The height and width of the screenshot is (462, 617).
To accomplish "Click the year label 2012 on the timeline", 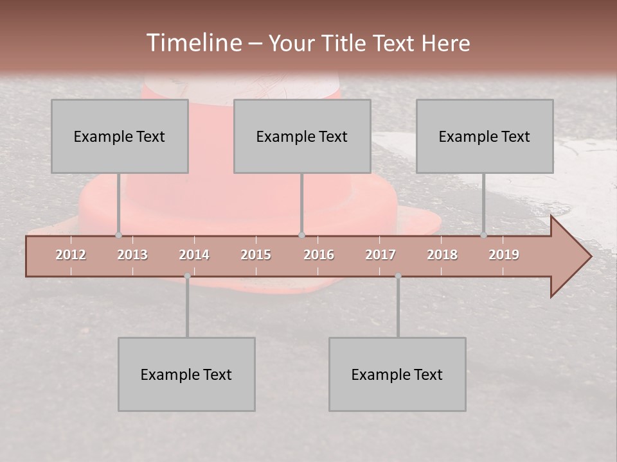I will pyautogui.click(x=71, y=255).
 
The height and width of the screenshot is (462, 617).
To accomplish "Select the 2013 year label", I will pyautogui.click(x=132, y=255).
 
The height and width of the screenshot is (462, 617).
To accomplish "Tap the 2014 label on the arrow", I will pyautogui.click(x=194, y=255).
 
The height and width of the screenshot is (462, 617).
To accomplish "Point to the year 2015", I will pyautogui.click(x=256, y=255).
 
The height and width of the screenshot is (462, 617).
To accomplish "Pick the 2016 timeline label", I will pyautogui.click(x=319, y=255).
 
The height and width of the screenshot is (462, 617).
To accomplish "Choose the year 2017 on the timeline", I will pyautogui.click(x=380, y=255).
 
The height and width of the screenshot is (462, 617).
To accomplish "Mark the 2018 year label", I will pyautogui.click(x=442, y=255).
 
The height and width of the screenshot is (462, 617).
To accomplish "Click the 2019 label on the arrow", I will pyautogui.click(x=504, y=255).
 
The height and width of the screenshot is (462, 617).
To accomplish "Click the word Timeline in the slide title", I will pyautogui.click(x=193, y=43).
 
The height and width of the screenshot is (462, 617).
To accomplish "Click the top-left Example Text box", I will pyautogui.click(x=120, y=136).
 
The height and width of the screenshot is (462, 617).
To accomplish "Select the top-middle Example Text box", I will pyautogui.click(x=302, y=136).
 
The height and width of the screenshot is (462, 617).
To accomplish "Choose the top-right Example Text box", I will pyautogui.click(x=485, y=136).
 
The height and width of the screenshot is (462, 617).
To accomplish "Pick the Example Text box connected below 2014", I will pyautogui.click(x=186, y=374).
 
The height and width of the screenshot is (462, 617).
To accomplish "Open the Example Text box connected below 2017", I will pyautogui.click(x=397, y=374).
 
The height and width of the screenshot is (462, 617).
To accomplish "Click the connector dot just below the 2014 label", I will pyautogui.click(x=187, y=276).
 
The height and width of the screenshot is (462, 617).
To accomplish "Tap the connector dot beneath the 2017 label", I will pyautogui.click(x=398, y=276).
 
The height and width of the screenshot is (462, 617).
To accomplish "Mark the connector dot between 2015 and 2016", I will pyautogui.click(x=301, y=235).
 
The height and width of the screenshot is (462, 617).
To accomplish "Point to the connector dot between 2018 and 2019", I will pyautogui.click(x=483, y=235).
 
